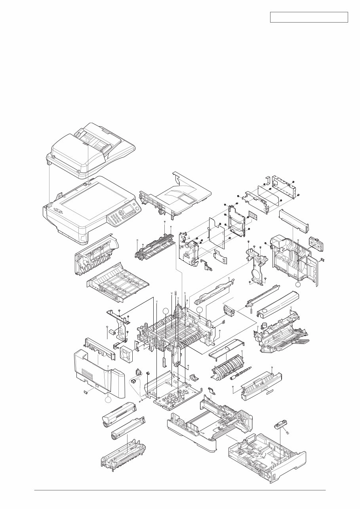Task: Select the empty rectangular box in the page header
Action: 309,17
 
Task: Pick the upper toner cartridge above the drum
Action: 119,414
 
